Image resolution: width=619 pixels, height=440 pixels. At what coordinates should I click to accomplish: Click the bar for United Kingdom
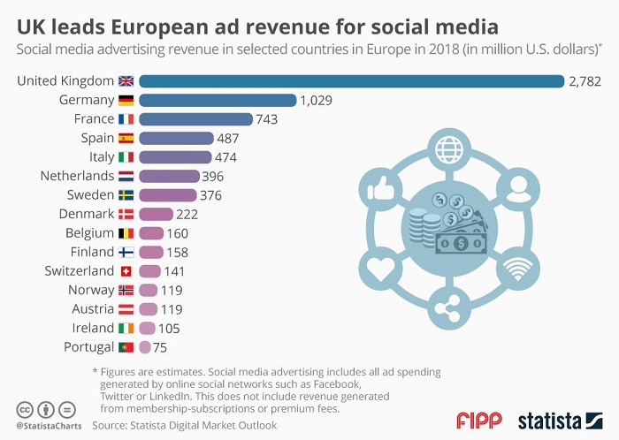click(x=351, y=81)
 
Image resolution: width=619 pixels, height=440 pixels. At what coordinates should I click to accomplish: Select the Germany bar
click(x=217, y=100)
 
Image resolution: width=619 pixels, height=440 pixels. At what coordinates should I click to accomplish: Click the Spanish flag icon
click(x=127, y=138)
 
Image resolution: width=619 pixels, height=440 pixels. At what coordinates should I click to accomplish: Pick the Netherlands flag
click(x=127, y=177)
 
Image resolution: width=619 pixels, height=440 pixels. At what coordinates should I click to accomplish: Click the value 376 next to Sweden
click(x=210, y=195)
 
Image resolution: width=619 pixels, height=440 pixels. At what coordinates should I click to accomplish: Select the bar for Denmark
click(x=156, y=215)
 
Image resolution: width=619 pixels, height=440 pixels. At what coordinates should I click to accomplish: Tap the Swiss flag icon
click(x=127, y=271)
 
